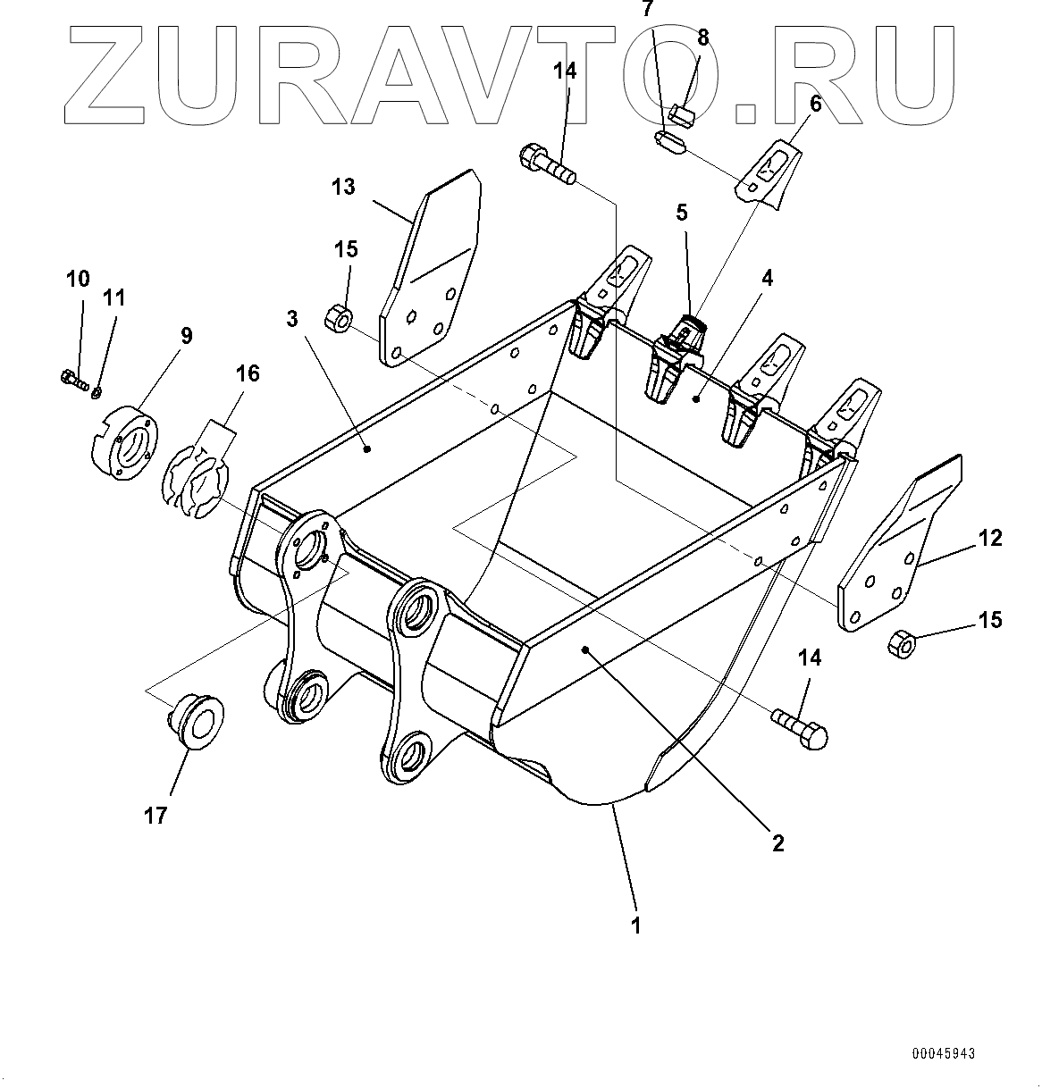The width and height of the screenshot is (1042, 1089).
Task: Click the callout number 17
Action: click(155, 816)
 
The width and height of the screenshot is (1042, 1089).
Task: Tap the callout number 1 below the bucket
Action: click(636, 926)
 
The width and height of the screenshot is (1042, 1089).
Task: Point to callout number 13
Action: click(343, 188)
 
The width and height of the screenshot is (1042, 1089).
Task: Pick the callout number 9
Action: click(186, 336)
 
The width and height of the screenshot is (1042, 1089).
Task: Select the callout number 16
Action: click(247, 373)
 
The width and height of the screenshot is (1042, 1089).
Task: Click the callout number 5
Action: click(682, 213)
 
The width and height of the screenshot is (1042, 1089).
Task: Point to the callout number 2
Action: click(778, 842)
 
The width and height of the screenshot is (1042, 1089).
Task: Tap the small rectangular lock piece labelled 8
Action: click(683, 113)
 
